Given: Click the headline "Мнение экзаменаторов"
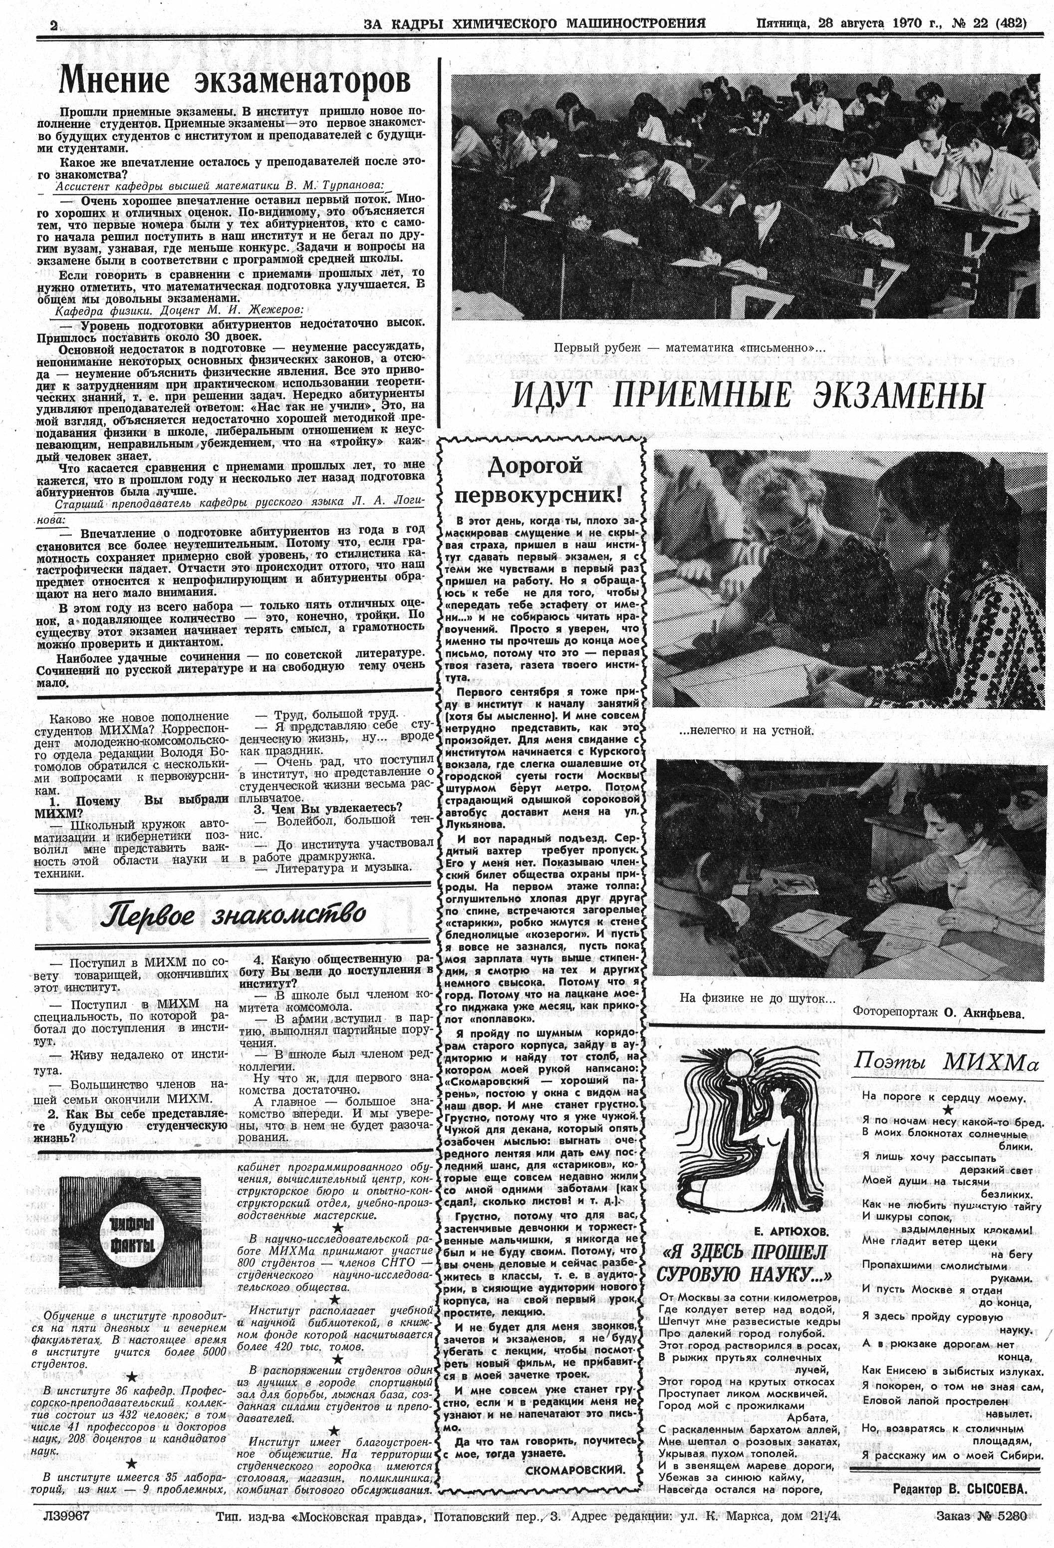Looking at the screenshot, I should coord(235,82).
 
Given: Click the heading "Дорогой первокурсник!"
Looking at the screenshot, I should coord(540,480).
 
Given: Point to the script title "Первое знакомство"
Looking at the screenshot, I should coord(233,915).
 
